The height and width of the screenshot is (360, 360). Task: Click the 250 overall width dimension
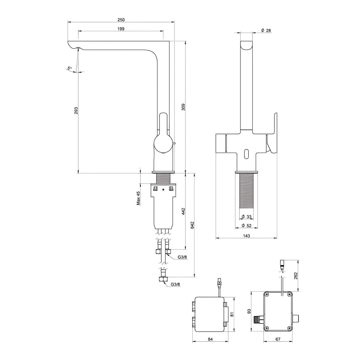pyautogui.click(x=121, y=19)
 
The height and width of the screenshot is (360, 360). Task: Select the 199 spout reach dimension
pyautogui.click(x=121, y=29)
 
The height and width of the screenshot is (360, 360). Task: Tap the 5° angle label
pyautogui.click(x=70, y=68)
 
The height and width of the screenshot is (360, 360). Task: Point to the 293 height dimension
pyautogui.click(x=76, y=111)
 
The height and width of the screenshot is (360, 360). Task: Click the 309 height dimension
pyautogui.click(x=183, y=107)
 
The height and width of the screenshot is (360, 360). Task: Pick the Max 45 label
pyautogui.click(x=138, y=198)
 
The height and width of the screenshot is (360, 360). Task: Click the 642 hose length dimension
pyautogui.click(x=192, y=225)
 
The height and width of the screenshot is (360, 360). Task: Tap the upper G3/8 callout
pyautogui.click(x=182, y=257)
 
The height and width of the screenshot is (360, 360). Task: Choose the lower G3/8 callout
pyautogui.click(x=175, y=284)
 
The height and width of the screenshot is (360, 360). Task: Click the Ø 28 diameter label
pyautogui.click(x=266, y=31)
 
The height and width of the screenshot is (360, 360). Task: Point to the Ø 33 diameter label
pyautogui.click(x=246, y=217)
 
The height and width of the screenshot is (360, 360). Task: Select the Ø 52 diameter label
pyautogui.click(x=246, y=226)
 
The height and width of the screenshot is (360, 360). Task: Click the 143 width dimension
pyautogui.click(x=246, y=236)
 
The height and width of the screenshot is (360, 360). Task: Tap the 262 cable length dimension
pyautogui.click(x=295, y=276)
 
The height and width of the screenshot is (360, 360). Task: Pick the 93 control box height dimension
pyautogui.click(x=249, y=311)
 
